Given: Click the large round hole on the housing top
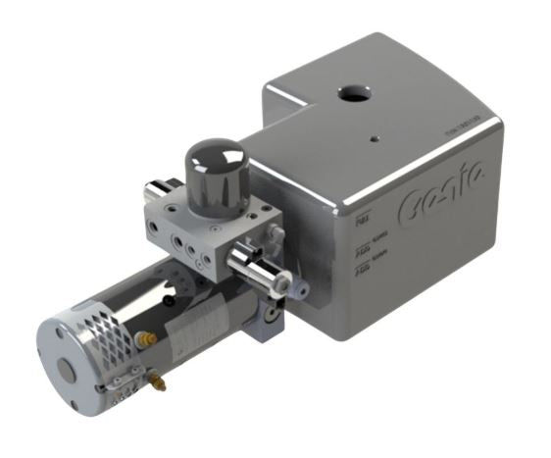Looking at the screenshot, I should click(350, 94).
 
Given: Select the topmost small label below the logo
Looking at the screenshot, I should click(361, 228).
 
